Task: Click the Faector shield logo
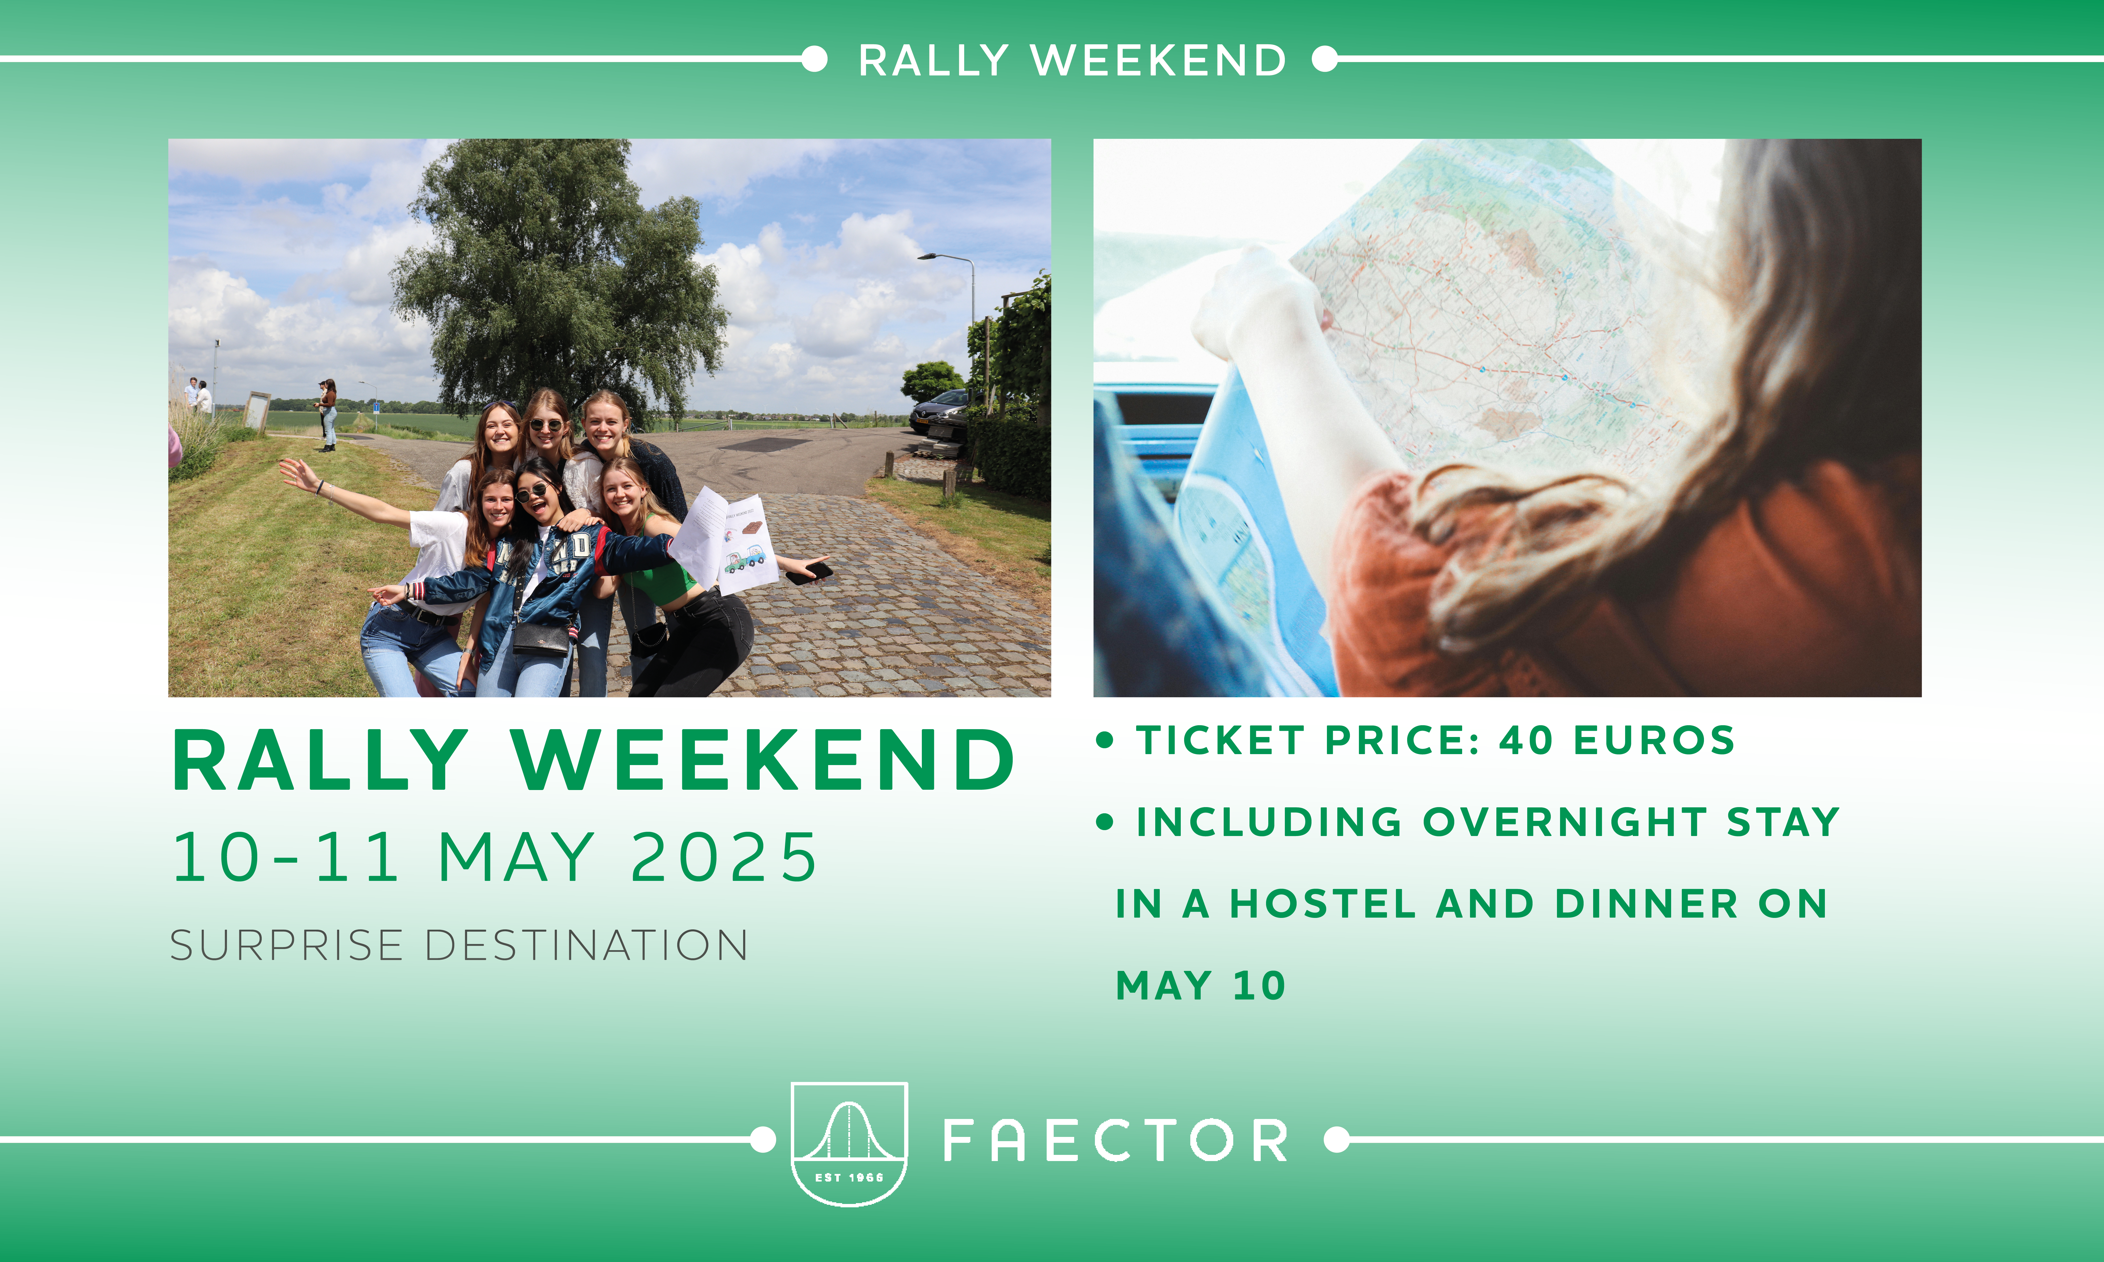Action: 849,1143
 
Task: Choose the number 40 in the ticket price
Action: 1527,740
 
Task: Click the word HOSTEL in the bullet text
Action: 1322,903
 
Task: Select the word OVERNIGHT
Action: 1565,821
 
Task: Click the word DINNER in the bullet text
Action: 1646,903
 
